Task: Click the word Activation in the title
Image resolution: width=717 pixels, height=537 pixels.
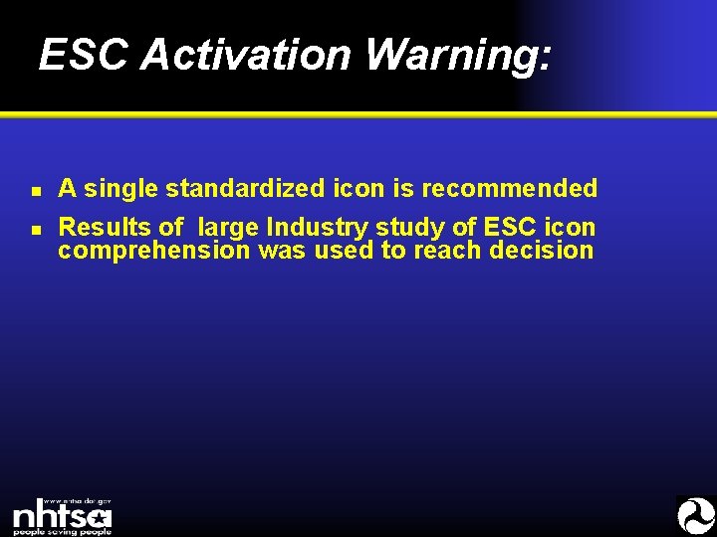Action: (246, 56)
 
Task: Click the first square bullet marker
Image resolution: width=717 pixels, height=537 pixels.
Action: (35, 189)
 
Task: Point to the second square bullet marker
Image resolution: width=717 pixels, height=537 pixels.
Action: (35, 230)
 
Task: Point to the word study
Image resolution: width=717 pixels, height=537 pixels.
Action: (404, 229)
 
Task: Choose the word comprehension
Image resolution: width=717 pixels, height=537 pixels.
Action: (154, 251)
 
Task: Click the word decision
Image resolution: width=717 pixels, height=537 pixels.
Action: (542, 251)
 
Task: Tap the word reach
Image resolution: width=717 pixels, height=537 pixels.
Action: (449, 251)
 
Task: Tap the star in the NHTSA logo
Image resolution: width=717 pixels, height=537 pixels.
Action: (98, 517)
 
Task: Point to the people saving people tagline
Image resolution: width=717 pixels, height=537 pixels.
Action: (62, 531)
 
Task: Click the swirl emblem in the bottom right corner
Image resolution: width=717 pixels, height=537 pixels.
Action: (695, 516)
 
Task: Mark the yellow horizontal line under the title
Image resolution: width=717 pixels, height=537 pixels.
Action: (358, 115)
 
